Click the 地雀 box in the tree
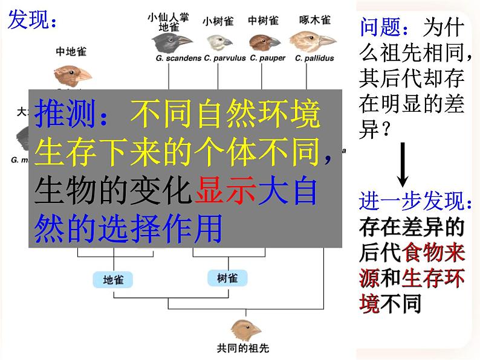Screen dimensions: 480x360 (113, 280)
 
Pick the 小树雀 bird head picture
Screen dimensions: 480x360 (219, 42)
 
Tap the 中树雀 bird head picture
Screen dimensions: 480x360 (264, 42)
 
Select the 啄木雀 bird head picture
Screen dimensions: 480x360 (313, 42)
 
